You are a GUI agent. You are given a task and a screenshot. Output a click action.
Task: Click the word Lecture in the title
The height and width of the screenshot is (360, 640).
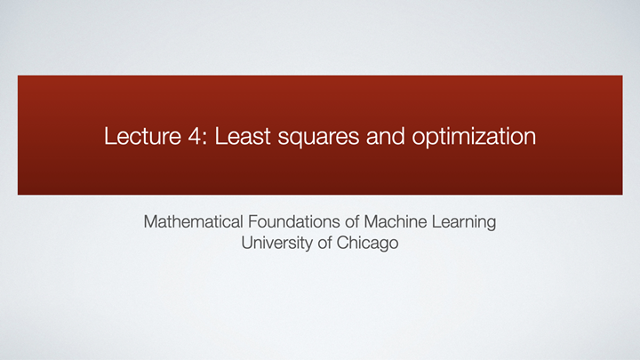(136, 138)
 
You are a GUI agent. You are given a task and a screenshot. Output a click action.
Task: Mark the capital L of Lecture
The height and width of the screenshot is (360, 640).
(108, 138)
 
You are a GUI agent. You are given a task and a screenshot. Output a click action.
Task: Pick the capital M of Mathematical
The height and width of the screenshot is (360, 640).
(150, 220)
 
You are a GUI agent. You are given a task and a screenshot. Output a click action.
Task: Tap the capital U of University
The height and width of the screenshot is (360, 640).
(247, 242)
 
